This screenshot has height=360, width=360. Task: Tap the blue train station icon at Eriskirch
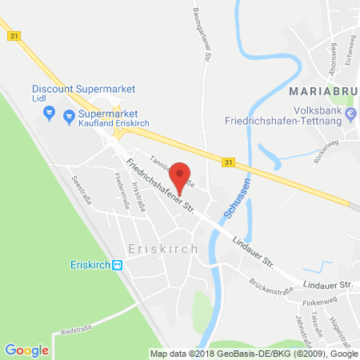point(117,266)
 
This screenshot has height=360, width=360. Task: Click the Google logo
point(26,350)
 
